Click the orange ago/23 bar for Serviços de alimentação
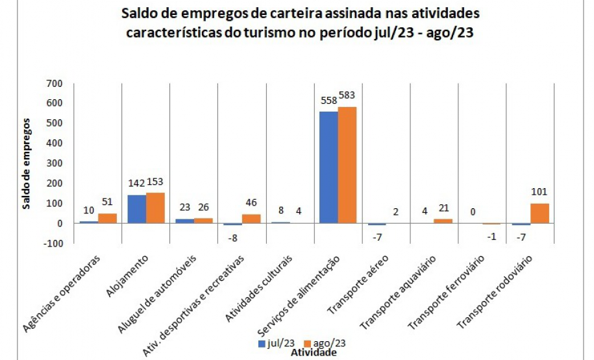click(347, 165)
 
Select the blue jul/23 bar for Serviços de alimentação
click(328, 167)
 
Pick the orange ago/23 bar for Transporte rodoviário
click(540, 213)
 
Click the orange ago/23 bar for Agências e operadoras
click(107, 218)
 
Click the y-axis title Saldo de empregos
click(27, 163)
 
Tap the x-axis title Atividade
click(314, 353)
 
